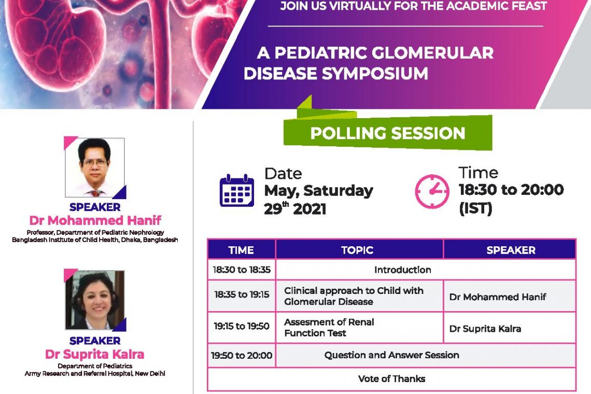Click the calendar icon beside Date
[x=237, y=190]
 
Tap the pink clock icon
[x=432, y=191]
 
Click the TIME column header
[x=241, y=250]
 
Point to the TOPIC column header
[x=357, y=250]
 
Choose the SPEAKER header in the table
[x=511, y=250]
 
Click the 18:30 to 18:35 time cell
[x=242, y=270]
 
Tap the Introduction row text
[x=402, y=270]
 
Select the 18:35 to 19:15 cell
[x=242, y=294]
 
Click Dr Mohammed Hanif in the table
[x=498, y=297]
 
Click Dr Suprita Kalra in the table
[x=485, y=329]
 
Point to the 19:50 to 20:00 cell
[x=242, y=355]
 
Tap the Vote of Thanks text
[x=391, y=378]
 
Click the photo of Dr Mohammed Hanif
[x=95, y=167]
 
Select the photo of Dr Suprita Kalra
[x=95, y=300]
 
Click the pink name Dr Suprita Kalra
[x=94, y=354]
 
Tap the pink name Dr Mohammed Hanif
[x=95, y=220]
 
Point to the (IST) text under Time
[x=476, y=208]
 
